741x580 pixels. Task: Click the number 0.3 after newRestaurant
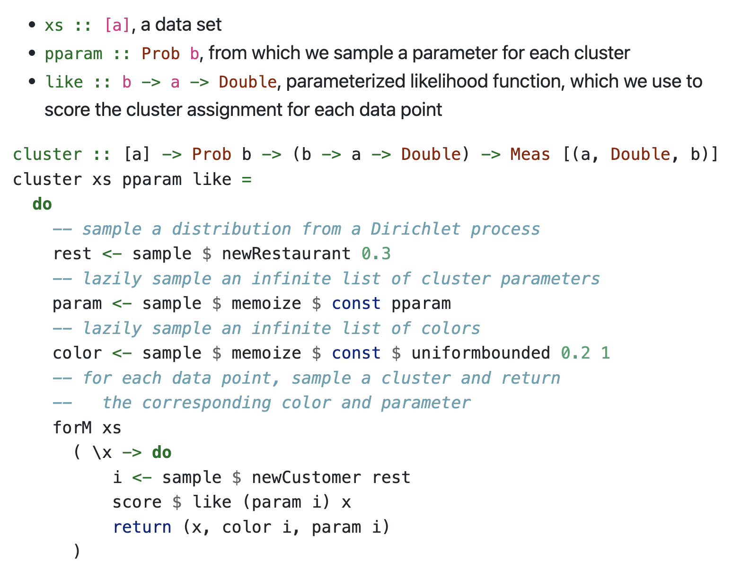376,254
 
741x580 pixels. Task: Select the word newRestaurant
286,254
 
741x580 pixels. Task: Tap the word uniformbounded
480,353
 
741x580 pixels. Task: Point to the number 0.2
575,353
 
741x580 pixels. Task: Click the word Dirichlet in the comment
415,229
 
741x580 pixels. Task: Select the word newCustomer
306,477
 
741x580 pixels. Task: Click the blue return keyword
142,527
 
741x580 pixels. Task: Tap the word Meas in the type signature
530,154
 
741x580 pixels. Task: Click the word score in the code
137,502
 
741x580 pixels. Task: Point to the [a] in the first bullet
117,25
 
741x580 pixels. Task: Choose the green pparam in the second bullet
73,53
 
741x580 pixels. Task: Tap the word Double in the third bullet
247,82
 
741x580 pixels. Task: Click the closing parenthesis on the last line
77,551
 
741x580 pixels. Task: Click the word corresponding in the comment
206,403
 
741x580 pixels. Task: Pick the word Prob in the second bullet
160,53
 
